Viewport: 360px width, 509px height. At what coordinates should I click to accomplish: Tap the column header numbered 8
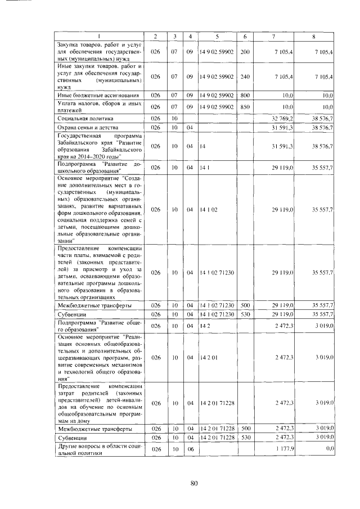tap(313, 36)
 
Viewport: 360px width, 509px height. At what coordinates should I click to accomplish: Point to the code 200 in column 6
tap(245, 52)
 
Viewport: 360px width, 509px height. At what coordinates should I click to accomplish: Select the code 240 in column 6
tap(245, 76)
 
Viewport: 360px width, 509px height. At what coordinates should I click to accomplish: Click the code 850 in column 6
tap(245, 106)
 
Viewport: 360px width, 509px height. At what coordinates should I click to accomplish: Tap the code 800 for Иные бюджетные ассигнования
tap(245, 95)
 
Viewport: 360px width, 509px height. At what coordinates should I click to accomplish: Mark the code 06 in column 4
tap(190, 449)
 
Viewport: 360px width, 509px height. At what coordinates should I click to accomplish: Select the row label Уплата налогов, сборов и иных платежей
tap(98, 106)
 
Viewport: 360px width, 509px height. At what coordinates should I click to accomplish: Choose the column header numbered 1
tap(99, 36)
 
